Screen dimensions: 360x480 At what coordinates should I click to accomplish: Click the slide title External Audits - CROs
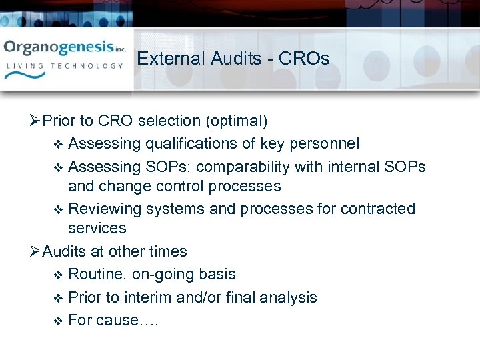(233, 59)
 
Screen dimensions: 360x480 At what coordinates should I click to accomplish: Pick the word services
(97, 228)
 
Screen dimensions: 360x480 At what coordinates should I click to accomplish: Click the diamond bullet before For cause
(57, 321)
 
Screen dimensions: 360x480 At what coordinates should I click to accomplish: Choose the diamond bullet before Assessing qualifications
(57, 144)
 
